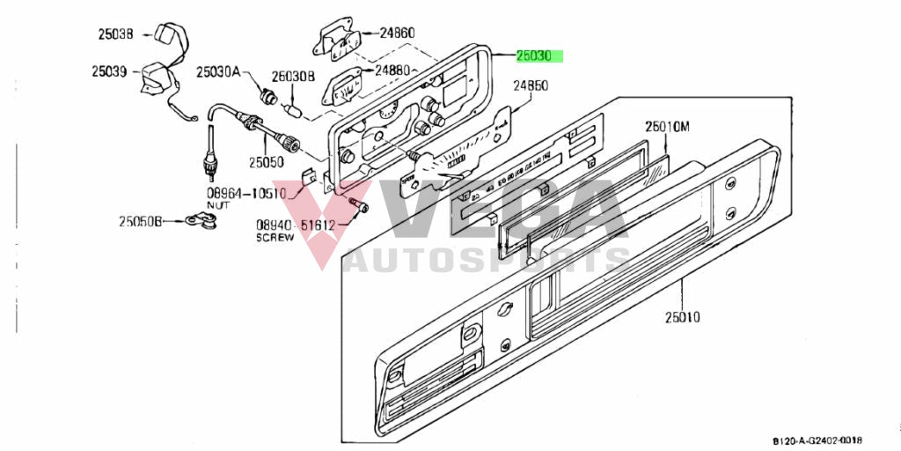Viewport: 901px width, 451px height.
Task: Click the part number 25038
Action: pos(114,35)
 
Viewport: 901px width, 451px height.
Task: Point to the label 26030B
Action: pos(292,77)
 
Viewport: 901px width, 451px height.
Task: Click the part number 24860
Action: pos(397,33)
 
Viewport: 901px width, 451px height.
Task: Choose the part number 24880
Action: pos(392,69)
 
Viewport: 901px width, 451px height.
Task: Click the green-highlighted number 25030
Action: pos(533,56)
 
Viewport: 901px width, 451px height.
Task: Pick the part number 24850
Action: pos(531,86)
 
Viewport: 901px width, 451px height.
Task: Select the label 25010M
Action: pos(667,127)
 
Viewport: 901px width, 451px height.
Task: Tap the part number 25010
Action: pos(683,316)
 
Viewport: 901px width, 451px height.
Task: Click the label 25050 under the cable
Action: pos(266,162)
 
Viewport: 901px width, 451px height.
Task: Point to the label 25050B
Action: pos(141,221)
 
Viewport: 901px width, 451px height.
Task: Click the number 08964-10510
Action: pos(246,193)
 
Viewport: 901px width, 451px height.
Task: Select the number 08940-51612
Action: pos(297,225)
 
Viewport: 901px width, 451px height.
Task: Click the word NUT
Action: pos(217,204)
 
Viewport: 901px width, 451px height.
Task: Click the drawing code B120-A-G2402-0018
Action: pos(818,440)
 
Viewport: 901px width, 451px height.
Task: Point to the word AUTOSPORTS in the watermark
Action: pos(487,262)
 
